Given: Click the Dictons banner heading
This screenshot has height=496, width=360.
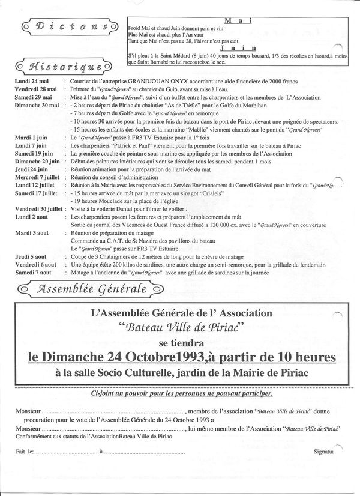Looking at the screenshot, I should [x=66, y=26].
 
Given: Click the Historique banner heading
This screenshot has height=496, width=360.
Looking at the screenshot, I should [x=66, y=65].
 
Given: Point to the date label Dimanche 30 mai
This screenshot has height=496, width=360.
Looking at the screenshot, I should [x=37, y=105].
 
